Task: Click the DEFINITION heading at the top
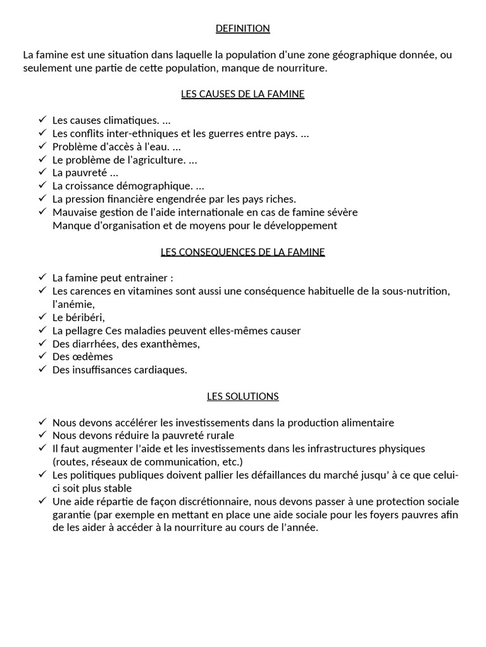tap(242, 28)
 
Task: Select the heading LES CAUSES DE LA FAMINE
tap(242, 94)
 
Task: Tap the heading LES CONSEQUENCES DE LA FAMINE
tap(242, 252)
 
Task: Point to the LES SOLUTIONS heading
tap(242, 396)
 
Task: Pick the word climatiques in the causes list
tap(132, 120)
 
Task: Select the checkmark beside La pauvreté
tap(42, 172)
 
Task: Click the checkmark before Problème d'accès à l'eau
tap(42, 147)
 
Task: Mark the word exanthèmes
tap(170, 344)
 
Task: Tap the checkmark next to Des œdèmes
tap(42, 356)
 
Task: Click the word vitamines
tap(143, 291)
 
